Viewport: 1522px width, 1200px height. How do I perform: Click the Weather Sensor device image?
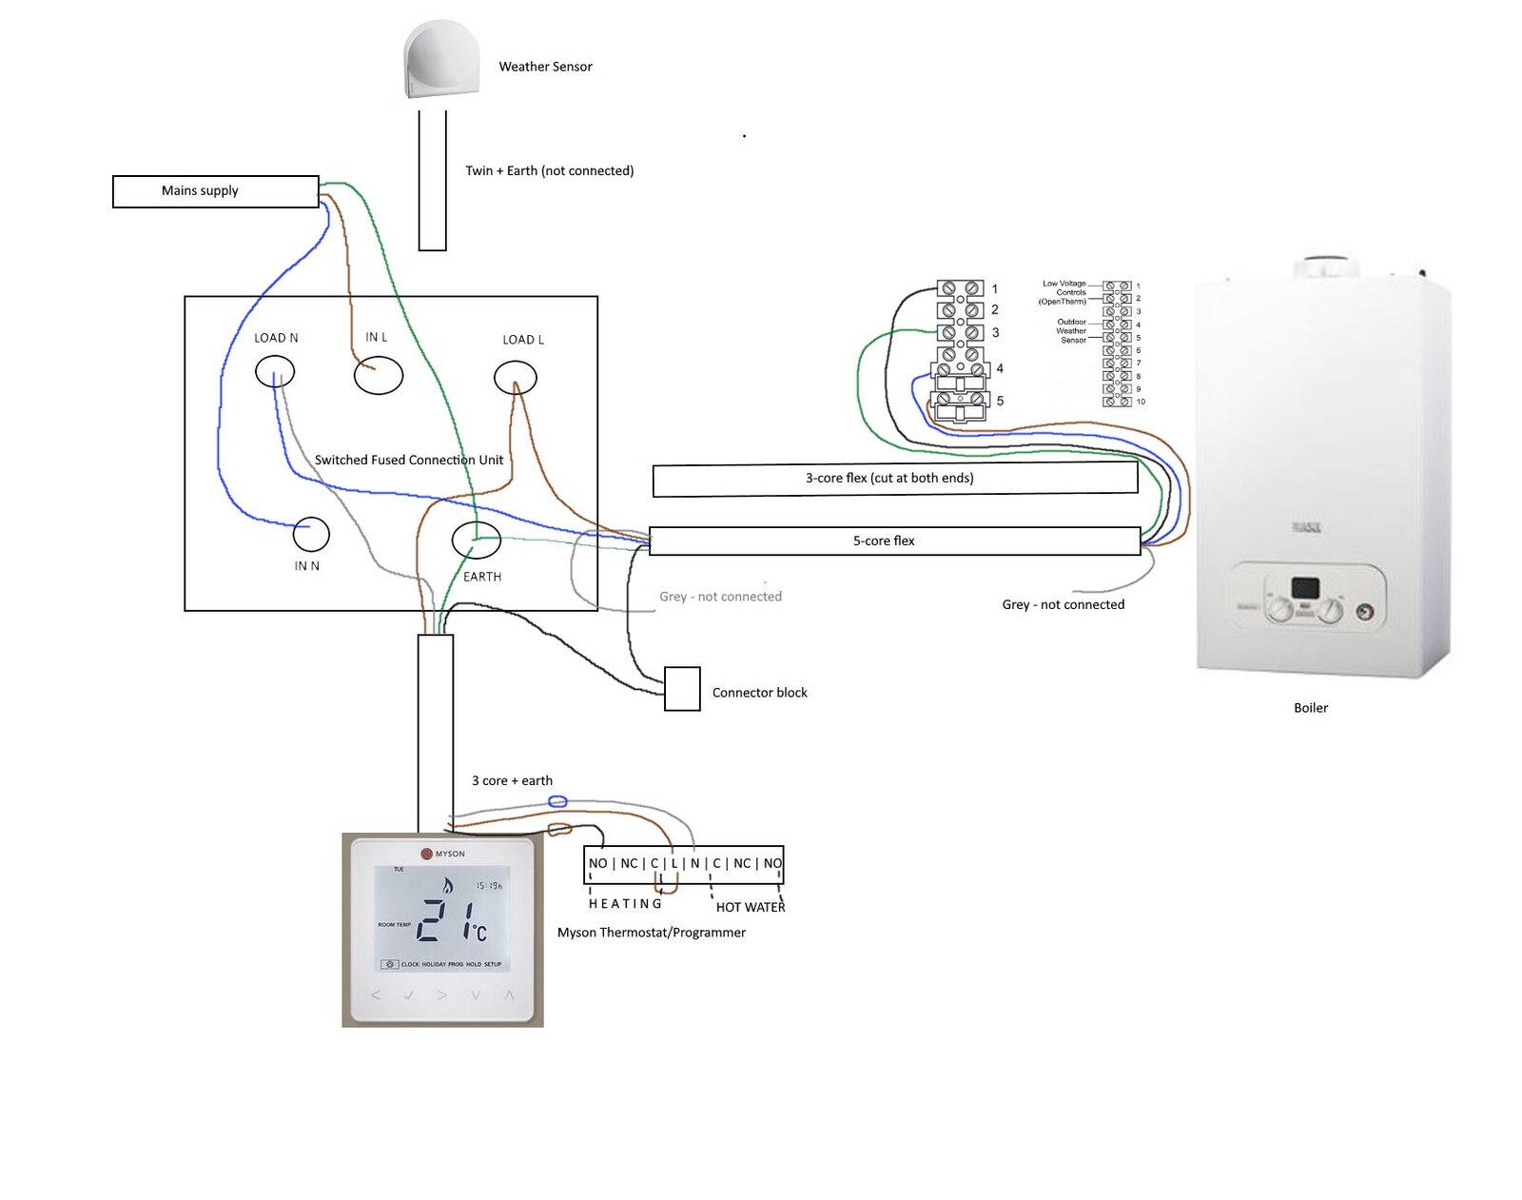pos(440,60)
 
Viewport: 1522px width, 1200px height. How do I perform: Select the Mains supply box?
pos(215,191)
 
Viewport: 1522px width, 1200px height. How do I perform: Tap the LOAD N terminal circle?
pos(275,371)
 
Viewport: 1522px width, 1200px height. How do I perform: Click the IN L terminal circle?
pos(378,376)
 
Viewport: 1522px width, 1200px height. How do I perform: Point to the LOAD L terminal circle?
pos(516,378)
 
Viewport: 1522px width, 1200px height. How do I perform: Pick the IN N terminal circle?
pos(311,535)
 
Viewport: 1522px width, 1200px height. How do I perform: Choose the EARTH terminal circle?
pos(476,540)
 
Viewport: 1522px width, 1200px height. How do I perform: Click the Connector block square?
pos(682,689)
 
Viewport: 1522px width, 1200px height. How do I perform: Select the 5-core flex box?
pos(894,541)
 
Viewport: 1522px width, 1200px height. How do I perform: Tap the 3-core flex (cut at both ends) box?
pos(894,479)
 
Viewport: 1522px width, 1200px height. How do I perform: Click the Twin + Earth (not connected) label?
pos(549,171)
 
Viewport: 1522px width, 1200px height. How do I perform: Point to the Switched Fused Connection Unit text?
pos(409,461)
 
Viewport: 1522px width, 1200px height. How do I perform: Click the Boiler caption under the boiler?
pos(1310,708)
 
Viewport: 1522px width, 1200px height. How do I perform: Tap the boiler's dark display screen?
pos(1305,588)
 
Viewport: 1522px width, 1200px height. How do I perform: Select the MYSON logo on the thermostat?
pos(443,854)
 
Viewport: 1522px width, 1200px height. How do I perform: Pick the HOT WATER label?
pos(750,908)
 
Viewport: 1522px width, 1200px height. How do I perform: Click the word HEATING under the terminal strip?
pos(625,904)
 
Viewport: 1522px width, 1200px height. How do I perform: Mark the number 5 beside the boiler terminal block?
pos(1000,402)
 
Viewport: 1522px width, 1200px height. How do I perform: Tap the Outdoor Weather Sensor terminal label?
pos(1071,331)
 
